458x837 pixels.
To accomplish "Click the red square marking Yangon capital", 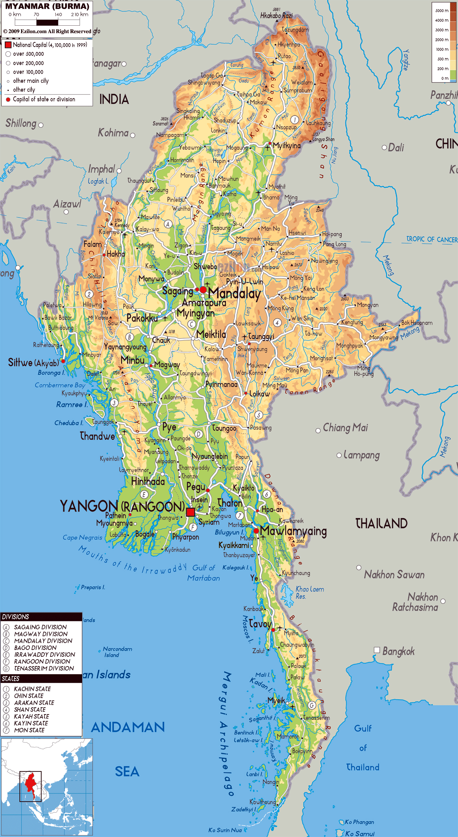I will coord(190,513).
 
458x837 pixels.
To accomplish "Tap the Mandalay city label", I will coord(235,294).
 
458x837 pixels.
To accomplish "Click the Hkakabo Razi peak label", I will coord(276,16).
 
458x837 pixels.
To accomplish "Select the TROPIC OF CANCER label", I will coord(432,239).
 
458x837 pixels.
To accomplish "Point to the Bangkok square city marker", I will coord(377,650).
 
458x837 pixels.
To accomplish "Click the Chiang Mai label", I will coord(345,427).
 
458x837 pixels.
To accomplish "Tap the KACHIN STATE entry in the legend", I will coord(32,689).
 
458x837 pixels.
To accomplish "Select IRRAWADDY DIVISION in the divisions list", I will coord(44,654).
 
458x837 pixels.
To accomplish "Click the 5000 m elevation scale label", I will coord(442,11).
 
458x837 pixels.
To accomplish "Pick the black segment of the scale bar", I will coord(47,23).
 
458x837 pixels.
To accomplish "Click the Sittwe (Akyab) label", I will coord(33,362).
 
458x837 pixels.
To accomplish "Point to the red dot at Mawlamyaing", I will coord(256,531).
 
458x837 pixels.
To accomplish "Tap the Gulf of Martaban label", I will coord(203,573).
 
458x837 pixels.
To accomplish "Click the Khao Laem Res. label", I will coord(309,592).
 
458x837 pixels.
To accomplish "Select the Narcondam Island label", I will coord(117,652).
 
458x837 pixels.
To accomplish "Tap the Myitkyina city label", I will coord(287,146).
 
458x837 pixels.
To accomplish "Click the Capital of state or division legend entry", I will coord(44,99).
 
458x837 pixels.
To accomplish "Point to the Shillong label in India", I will coord(21,123).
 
